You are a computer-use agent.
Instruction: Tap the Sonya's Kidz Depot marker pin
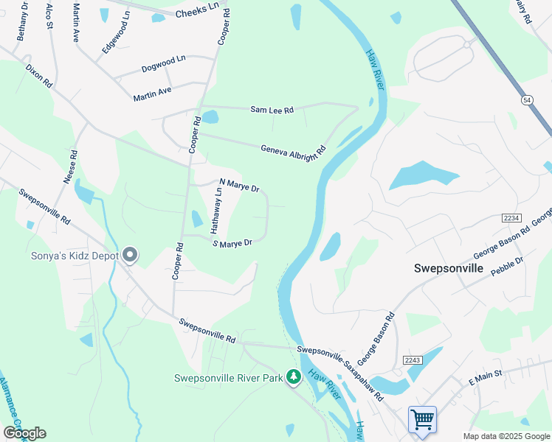tap(131, 256)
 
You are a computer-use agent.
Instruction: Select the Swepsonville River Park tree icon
tap(294, 378)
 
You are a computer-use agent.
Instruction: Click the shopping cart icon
tap(422, 420)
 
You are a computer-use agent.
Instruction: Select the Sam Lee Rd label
tap(272, 110)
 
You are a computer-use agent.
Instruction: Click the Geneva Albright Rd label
tap(293, 150)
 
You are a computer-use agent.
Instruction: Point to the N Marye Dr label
tap(240, 185)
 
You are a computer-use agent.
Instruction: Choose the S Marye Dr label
tap(232, 242)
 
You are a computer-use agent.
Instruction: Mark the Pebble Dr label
tap(507, 265)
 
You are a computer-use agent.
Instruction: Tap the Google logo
tap(24, 432)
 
